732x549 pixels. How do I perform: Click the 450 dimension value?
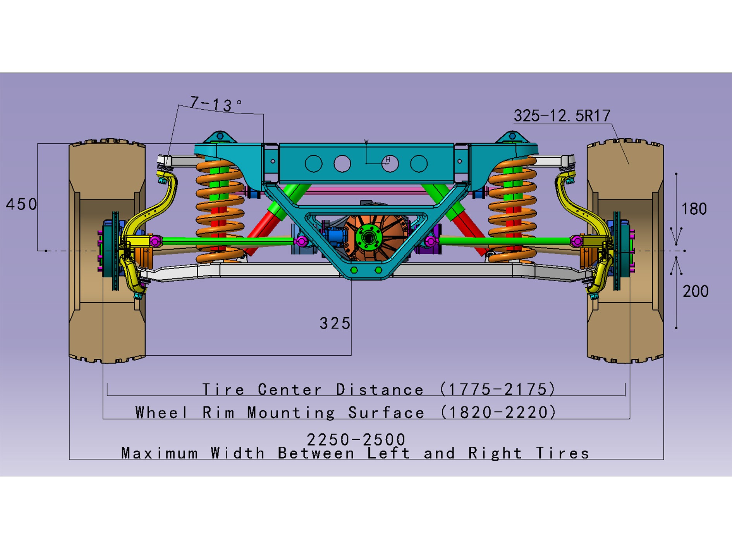21,204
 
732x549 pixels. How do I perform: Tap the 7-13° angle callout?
216,104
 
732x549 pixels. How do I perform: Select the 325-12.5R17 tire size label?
562,115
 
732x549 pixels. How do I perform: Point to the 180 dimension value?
694,209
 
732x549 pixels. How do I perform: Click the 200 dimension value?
696,291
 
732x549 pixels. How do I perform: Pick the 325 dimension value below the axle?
335,323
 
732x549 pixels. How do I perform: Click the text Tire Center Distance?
313,389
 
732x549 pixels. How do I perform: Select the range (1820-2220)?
498,412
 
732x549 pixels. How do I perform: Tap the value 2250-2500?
356,439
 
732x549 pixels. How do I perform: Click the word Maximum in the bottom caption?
160,453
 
